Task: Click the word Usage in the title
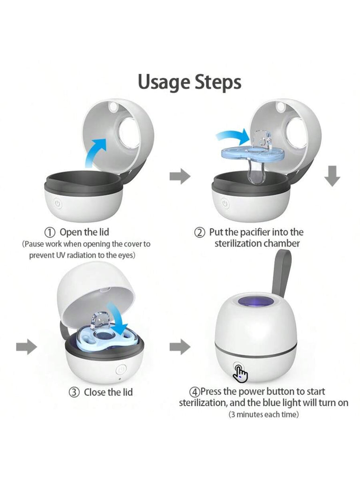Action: click(163, 82)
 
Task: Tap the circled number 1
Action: click(50, 232)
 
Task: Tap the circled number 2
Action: click(200, 232)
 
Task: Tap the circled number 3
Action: click(74, 392)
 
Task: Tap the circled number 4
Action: click(195, 392)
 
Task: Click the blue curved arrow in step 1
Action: click(96, 151)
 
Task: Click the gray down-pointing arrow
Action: click(332, 176)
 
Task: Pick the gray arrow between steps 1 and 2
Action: click(180, 176)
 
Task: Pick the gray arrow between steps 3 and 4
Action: click(180, 346)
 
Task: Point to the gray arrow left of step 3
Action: click(27, 346)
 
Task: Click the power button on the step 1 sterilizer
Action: click(58, 203)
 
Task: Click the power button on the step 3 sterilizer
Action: click(121, 369)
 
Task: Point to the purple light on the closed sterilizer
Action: click(256, 302)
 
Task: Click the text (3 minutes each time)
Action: click(263, 415)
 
